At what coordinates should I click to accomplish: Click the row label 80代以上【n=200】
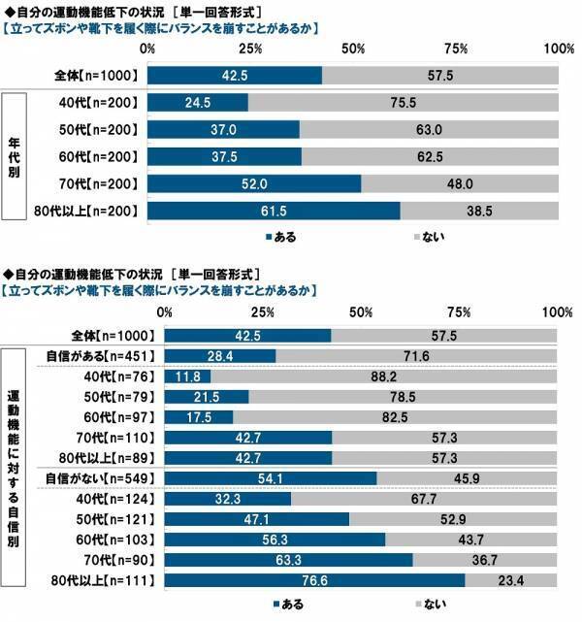click(87, 211)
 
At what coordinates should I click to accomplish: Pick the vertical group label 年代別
click(16, 156)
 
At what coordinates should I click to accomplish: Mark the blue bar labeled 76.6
click(314, 580)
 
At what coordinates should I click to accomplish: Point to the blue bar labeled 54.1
click(270, 477)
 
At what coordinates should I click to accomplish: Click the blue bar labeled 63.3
click(288, 560)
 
